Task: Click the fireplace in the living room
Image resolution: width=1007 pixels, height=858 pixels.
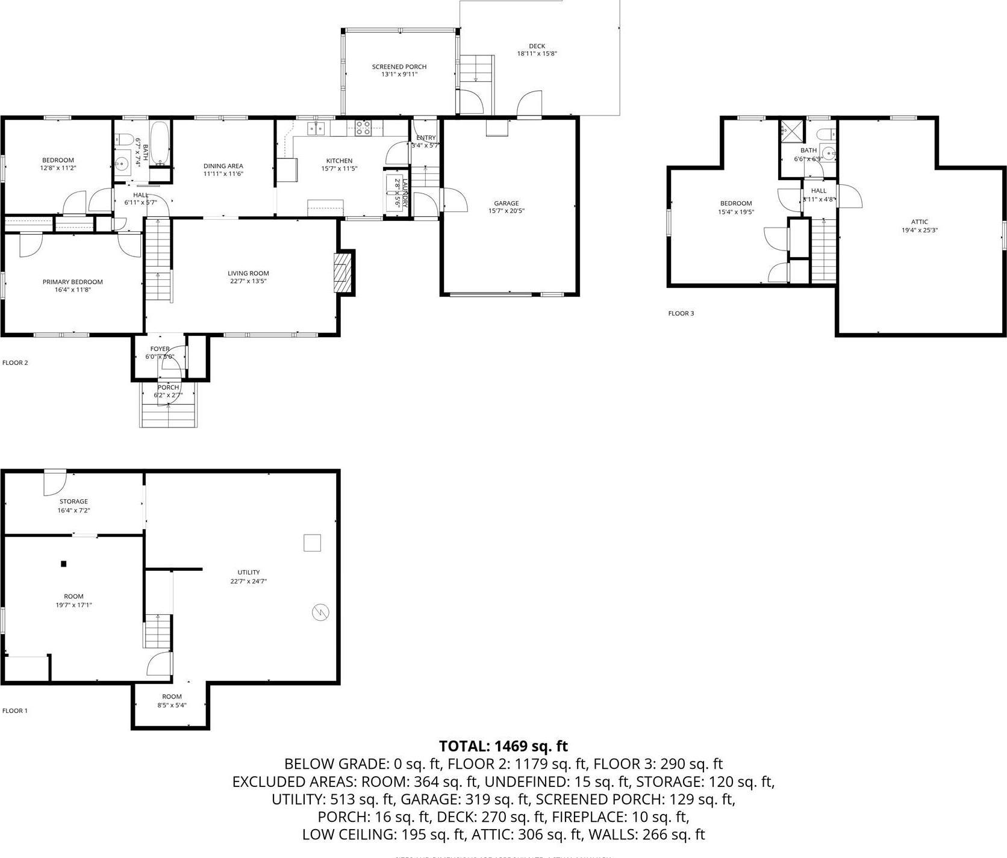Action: point(343,272)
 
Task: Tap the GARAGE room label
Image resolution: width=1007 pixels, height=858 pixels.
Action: point(506,204)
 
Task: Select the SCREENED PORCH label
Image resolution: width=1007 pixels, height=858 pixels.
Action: point(399,67)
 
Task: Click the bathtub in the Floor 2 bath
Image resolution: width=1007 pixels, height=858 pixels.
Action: point(160,144)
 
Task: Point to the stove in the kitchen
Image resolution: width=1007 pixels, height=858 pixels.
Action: point(363,127)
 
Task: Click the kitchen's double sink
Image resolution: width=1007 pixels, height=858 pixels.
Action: point(316,128)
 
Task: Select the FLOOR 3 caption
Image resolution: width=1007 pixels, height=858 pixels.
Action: point(681,314)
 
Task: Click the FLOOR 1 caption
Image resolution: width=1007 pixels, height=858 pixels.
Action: point(15,710)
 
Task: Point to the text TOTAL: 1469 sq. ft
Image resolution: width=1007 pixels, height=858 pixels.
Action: point(503,746)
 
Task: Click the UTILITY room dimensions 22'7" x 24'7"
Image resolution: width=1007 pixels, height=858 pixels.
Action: point(248,582)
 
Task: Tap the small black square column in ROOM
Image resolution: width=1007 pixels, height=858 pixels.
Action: point(63,564)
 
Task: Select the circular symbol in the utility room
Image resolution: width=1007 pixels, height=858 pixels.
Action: point(320,612)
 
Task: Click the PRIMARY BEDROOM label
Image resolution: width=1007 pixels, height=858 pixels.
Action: point(72,282)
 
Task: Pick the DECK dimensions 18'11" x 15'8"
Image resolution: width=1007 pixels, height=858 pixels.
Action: point(537,54)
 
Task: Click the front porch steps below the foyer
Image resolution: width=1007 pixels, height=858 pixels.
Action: point(168,414)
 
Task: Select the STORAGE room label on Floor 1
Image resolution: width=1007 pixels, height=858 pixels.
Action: point(73,502)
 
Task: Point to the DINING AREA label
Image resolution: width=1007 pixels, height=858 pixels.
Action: point(223,166)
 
